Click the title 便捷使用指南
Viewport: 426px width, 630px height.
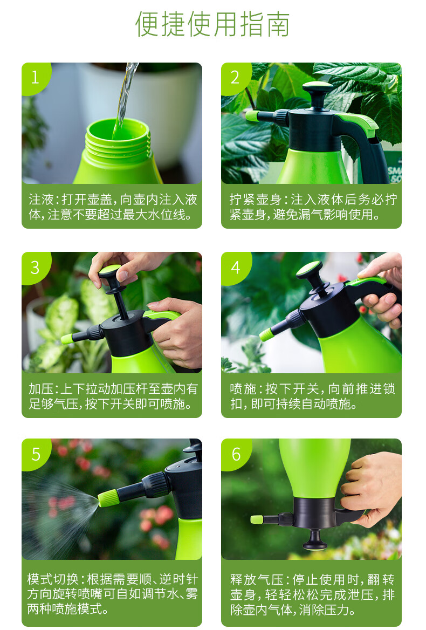pyautogui.click(x=212, y=24)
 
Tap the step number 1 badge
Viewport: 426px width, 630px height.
pyautogui.click(x=36, y=78)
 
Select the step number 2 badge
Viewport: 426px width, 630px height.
pyautogui.click(x=235, y=78)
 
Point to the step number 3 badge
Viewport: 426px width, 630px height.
pyautogui.click(x=36, y=267)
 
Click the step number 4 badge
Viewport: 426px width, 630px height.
pyautogui.click(x=235, y=267)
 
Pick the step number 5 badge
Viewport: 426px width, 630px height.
pyautogui.click(x=36, y=454)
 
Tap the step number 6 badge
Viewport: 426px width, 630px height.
pyautogui.click(x=236, y=454)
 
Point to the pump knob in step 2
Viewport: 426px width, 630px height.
pyautogui.click(x=318, y=91)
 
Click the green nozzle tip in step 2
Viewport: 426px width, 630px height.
pyautogui.click(x=252, y=116)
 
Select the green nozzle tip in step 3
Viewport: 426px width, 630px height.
pyautogui.click(x=67, y=339)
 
